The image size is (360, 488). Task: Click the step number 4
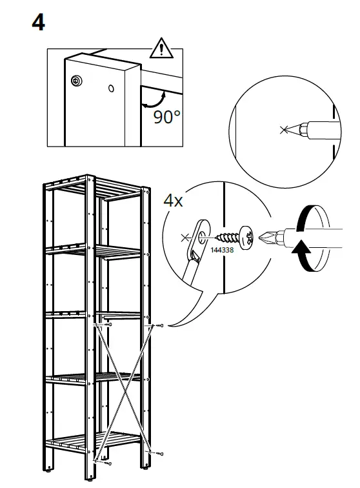(38, 23)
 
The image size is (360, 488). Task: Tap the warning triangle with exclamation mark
(161, 49)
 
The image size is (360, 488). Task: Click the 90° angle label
(166, 117)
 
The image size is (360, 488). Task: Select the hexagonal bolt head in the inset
(76, 81)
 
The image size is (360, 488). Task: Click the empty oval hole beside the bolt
(111, 88)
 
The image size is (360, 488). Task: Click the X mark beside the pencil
(283, 130)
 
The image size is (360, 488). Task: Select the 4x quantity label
(173, 200)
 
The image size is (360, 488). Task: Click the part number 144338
(222, 250)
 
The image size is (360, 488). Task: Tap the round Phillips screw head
(246, 238)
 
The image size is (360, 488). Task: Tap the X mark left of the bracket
(186, 238)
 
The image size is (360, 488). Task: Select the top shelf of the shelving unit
(94, 189)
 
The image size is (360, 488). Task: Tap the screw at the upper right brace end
(159, 326)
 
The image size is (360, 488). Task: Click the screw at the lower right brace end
(159, 454)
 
